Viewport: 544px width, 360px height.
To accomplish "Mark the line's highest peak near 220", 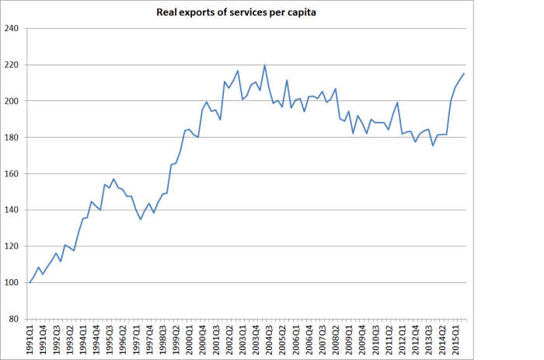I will (265, 65).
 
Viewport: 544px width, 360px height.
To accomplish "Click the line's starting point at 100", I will (30, 282).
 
